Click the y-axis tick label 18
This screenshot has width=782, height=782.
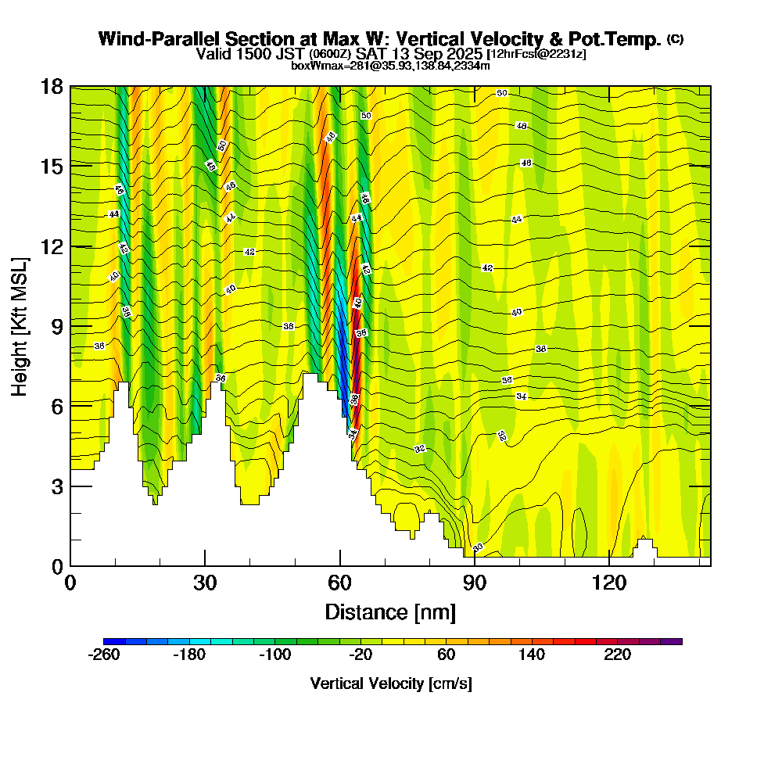pos(52,86)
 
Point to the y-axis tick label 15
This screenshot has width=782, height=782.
pos(52,167)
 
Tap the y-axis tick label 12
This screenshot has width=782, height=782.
pos(52,246)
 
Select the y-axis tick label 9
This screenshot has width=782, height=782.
pos(56,326)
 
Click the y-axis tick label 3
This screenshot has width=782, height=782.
pos(56,486)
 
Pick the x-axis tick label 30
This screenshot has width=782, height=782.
pos(205,583)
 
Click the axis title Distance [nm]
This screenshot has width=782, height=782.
pos(390,611)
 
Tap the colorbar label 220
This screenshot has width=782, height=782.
pos(617,655)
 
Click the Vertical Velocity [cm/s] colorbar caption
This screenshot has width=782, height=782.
pos(390,683)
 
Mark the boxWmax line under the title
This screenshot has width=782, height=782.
pos(390,66)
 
